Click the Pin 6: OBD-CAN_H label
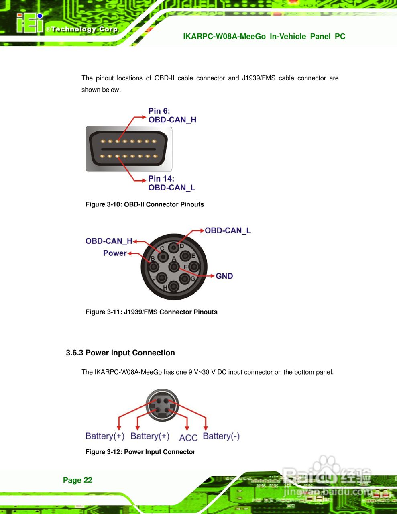172,115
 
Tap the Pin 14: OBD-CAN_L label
171,183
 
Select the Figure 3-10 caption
145,204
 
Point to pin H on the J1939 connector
173,286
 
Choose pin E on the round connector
185,256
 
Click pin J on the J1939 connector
161,277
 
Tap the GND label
224,276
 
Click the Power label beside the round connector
115,253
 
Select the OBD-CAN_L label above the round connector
228,230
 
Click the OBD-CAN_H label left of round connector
109,241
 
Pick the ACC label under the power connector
188,438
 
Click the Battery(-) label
221,436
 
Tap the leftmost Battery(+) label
105,436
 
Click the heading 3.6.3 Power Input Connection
120,353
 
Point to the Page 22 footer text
77,480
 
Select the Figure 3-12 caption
140,452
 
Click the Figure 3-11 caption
151,312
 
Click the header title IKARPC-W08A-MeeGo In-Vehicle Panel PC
264,37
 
